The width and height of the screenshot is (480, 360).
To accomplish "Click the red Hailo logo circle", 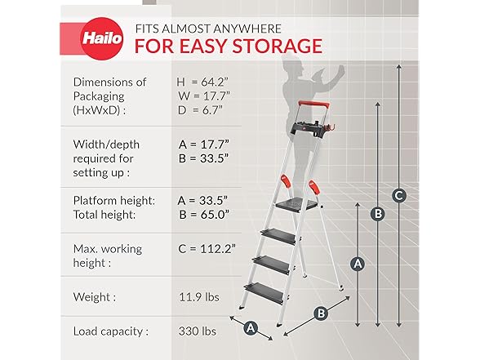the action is pos(102,39).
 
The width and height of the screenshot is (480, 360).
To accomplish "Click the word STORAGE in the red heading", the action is pos(277,47).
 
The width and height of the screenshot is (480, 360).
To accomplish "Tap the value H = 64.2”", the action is pos(202,82).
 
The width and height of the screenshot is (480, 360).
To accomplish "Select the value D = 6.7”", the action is pos(200,110).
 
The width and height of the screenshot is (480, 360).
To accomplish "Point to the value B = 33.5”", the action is pos(203,158).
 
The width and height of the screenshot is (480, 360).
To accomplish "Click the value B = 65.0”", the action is pos(204,215).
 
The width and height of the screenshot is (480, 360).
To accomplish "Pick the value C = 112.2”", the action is pos(207,249).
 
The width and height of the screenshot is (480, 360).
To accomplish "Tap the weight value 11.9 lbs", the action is pos(199,297).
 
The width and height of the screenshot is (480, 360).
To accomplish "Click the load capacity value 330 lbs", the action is pos(198,331).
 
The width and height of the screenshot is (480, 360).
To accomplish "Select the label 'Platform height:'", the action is pos(114,201).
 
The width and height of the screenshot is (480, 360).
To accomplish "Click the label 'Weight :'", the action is pos(95,297).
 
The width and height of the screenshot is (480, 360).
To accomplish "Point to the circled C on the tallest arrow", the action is pos(399,195).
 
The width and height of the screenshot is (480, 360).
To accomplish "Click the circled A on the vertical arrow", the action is pos(358,263).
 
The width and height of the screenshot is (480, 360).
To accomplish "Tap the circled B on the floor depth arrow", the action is pos(321,313).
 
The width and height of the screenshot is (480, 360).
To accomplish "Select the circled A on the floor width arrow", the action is pos(251,328).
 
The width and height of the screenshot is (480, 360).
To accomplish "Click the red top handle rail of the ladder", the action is pos(314,104).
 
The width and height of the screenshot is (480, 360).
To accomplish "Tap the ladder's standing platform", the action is pos(296,204).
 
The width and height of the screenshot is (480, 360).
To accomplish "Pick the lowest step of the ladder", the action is pos(264,293).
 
